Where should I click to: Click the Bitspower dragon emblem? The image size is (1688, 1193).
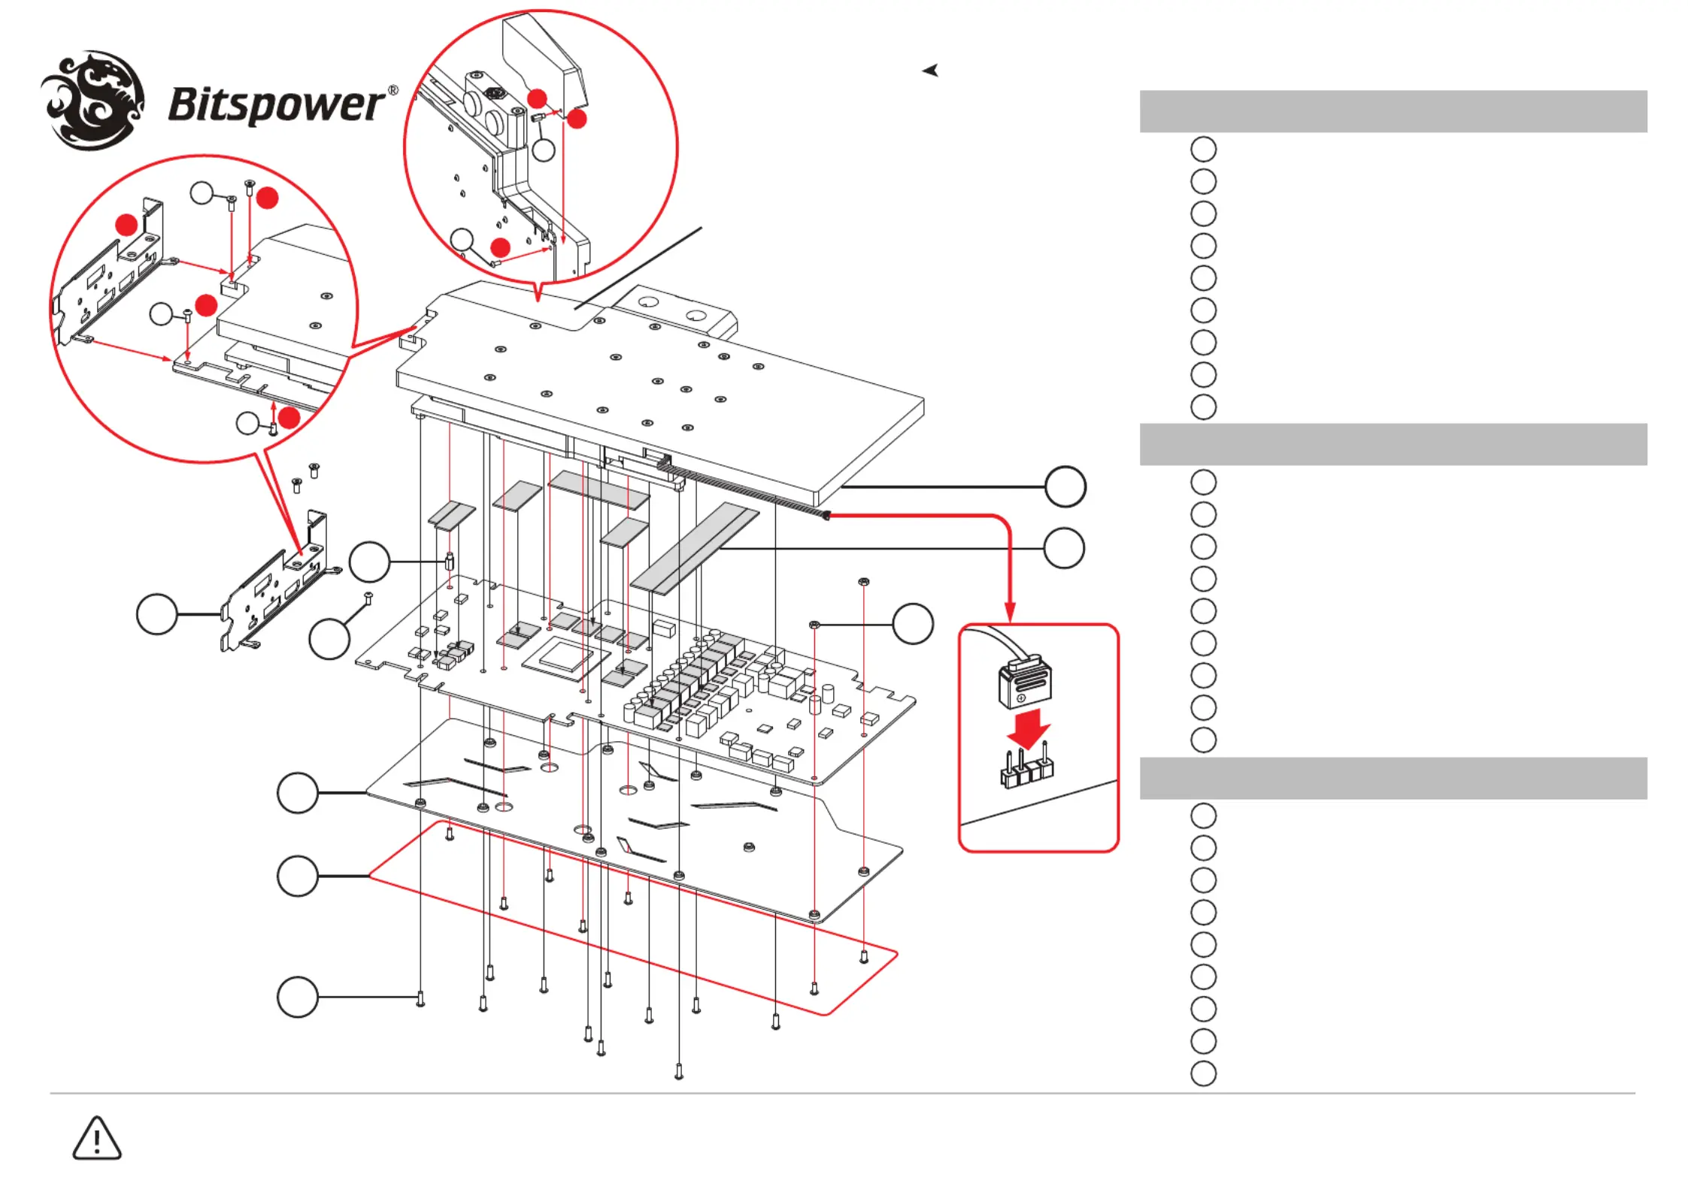click(92, 100)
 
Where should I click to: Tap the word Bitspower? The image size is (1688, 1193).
click(277, 104)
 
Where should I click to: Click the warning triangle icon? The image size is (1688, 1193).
click(96, 1138)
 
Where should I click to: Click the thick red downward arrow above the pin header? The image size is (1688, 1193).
click(1028, 728)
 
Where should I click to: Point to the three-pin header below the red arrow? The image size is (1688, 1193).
click(1026, 768)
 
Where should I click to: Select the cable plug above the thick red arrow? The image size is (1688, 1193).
click(1024, 681)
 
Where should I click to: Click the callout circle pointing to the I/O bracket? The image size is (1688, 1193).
click(156, 614)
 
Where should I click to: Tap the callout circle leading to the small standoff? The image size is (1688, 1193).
click(369, 562)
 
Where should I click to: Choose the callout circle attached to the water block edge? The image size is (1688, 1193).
click(1065, 486)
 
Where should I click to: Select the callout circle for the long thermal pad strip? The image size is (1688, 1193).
click(1064, 548)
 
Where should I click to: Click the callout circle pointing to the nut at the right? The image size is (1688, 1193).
click(913, 624)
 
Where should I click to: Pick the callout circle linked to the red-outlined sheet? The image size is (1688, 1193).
click(298, 876)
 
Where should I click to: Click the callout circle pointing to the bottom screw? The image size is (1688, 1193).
click(298, 997)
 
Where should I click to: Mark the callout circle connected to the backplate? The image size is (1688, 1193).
click(298, 792)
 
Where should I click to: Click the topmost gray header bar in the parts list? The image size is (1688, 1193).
click(1393, 111)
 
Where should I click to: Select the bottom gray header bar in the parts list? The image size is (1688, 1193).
click(1393, 778)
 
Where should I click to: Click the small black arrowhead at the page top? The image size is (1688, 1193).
click(931, 71)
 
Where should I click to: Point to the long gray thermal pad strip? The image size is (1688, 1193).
click(696, 549)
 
